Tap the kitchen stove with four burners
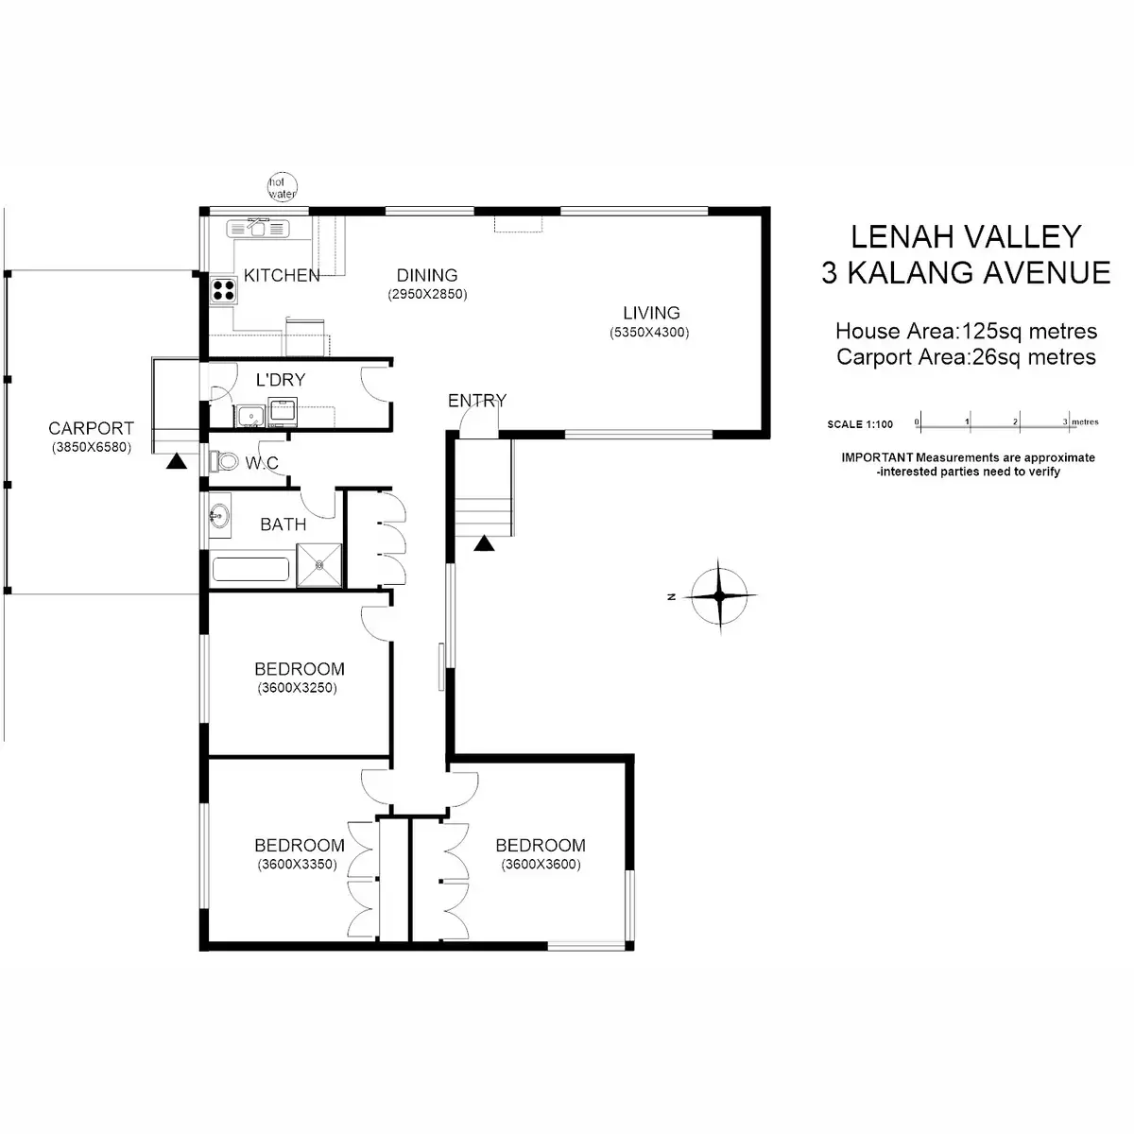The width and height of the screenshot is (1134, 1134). [x=223, y=289]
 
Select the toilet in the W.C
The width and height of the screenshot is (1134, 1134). [x=224, y=461]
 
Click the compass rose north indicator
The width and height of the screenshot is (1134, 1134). [x=719, y=595]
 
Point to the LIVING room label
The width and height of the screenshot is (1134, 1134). [x=651, y=313]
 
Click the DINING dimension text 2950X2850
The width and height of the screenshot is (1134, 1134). [x=427, y=295]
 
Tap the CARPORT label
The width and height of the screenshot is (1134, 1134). [x=92, y=428]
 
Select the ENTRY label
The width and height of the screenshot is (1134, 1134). [x=477, y=401]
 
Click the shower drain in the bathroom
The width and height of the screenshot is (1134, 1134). [x=319, y=565]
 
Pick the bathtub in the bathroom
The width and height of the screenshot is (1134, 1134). [x=250, y=570]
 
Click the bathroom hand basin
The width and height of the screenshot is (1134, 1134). [x=218, y=516]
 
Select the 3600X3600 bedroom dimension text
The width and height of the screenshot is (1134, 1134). [x=541, y=865]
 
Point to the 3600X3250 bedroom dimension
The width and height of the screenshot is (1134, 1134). [x=298, y=688]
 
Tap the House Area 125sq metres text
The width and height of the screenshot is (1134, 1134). [x=966, y=332]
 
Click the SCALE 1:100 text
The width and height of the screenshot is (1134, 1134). [x=860, y=424]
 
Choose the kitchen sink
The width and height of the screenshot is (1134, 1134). [x=257, y=228]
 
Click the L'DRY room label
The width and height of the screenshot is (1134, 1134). [x=281, y=380]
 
